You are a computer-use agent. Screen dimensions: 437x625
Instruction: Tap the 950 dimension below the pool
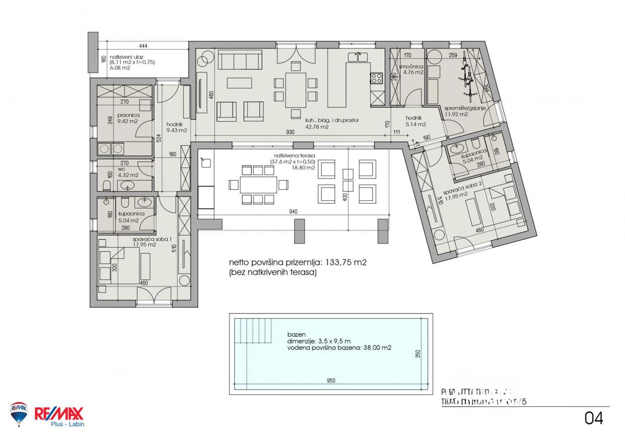[331, 380]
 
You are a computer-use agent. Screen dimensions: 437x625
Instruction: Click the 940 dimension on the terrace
[294, 212]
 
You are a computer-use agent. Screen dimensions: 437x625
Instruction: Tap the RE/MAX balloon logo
[19, 413]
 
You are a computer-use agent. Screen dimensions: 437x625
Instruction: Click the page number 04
[594, 418]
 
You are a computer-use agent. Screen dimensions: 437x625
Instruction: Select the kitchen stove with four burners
[376, 79]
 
